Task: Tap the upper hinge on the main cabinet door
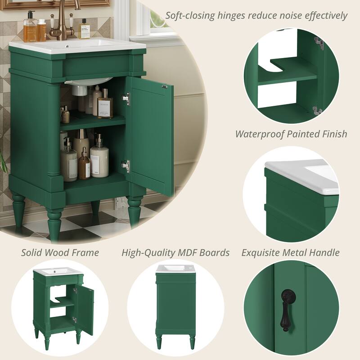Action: coord(126,99)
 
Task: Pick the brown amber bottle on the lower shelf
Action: coord(84,165)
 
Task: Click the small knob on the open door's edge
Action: coord(165,86)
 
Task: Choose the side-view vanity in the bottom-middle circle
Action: coord(175,306)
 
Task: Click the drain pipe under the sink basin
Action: coord(80,90)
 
